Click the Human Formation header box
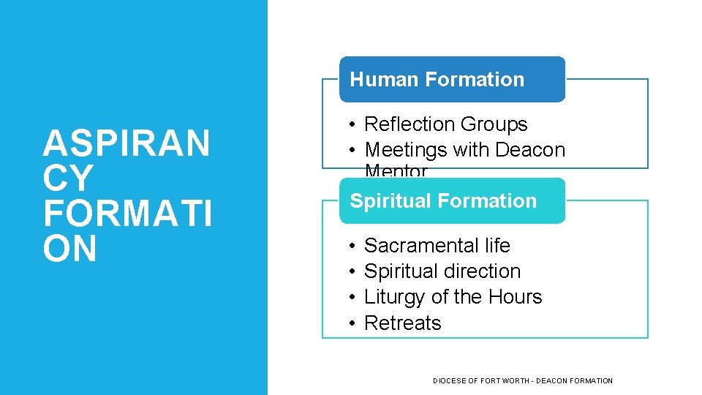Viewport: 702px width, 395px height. click(451, 79)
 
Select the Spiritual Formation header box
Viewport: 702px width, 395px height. click(451, 200)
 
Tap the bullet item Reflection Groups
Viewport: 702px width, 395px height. click(445, 124)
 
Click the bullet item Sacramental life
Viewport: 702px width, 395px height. click(437, 246)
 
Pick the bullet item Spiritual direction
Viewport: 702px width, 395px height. click(442, 271)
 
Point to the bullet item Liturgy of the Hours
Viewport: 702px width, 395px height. click(453, 297)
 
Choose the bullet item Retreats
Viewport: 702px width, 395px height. click(402, 323)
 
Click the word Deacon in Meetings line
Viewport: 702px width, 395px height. click(530, 150)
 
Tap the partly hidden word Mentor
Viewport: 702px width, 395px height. click(396, 172)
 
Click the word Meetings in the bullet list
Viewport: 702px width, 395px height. click(405, 150)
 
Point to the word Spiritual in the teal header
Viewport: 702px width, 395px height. click(387, 200)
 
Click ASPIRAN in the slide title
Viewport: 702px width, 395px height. click(127, 143)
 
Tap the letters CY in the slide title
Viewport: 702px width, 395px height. click(67, 178)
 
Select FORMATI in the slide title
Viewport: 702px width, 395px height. click(127, 214)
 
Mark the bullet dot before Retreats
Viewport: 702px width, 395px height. click(352, 323)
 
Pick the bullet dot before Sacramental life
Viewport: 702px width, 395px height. click(352, 246)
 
